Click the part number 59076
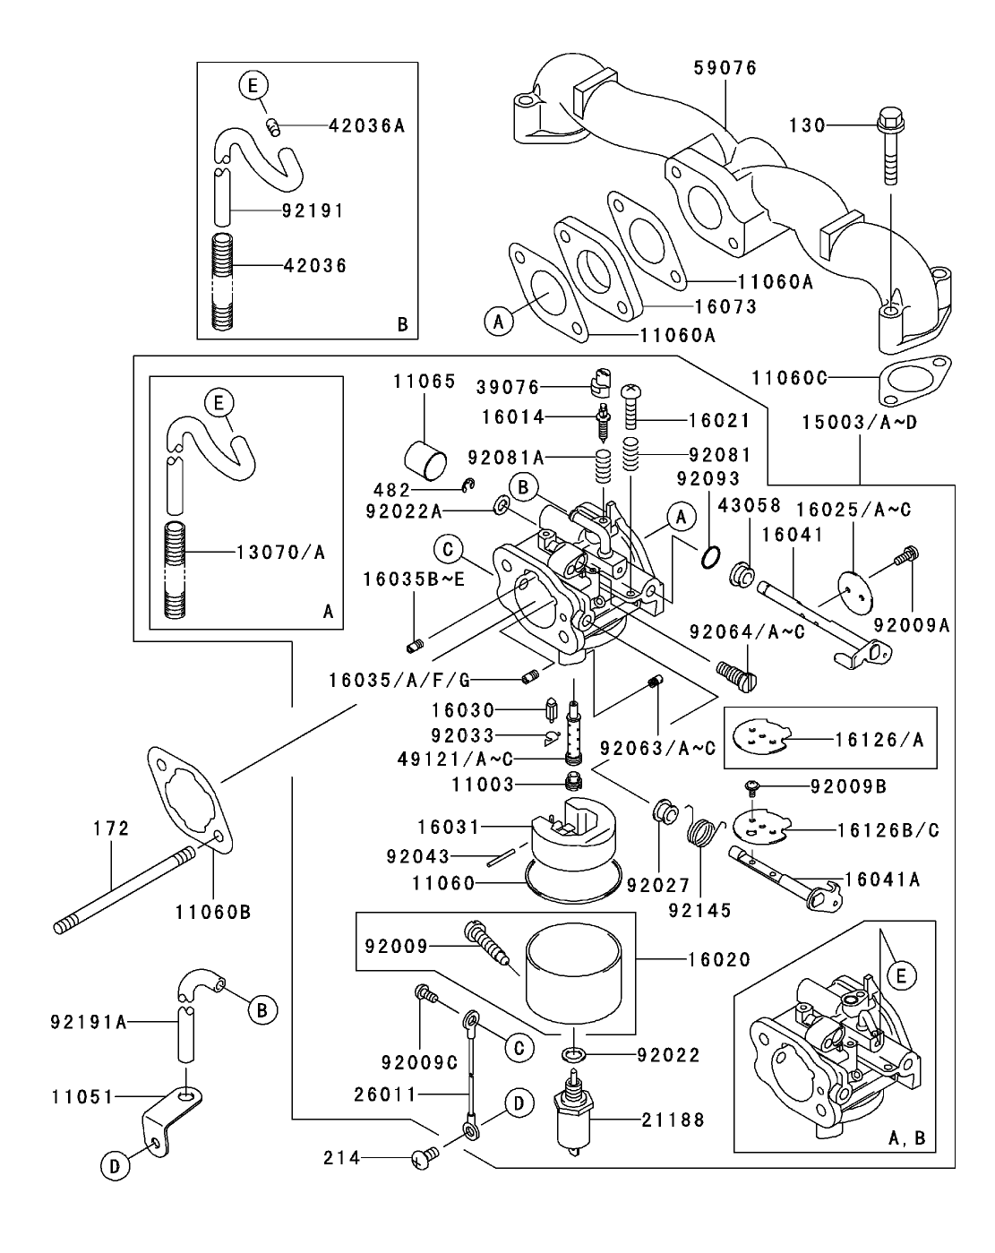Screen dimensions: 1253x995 [725, 68]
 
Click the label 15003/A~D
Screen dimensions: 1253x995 [859, 420]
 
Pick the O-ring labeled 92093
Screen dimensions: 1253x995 [708, 558]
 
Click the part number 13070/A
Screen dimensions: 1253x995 [279, 553]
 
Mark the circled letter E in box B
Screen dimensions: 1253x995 [253, 86]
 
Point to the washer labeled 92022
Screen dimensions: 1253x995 [574, 1054]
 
